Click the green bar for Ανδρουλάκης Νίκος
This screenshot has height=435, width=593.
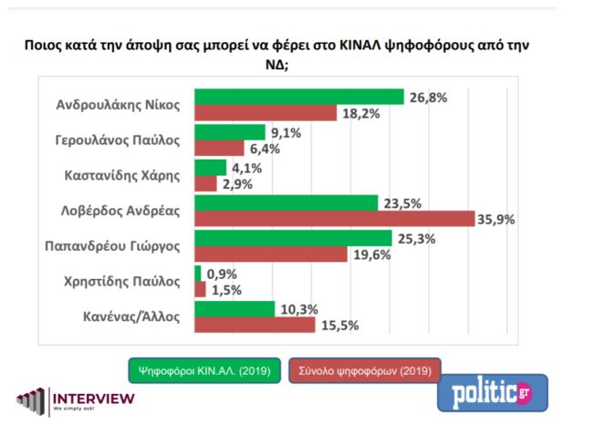[299, 97]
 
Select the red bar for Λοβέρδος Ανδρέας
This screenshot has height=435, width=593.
[335, 219]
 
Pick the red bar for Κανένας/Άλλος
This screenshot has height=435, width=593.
[255, 325]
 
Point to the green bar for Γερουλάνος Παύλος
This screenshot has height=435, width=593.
[230, 132]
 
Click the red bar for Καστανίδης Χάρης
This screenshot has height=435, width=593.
[206, 183]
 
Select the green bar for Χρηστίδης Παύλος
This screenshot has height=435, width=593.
[198, 273]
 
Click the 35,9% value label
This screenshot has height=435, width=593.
[498, 219]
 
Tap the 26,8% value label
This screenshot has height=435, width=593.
[427, 97]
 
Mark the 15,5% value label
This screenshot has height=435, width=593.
[338, 325]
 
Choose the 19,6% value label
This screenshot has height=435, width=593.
[372, 254]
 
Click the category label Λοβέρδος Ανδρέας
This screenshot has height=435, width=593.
[130, 210]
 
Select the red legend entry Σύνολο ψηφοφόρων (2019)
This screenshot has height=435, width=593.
[365, 370]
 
